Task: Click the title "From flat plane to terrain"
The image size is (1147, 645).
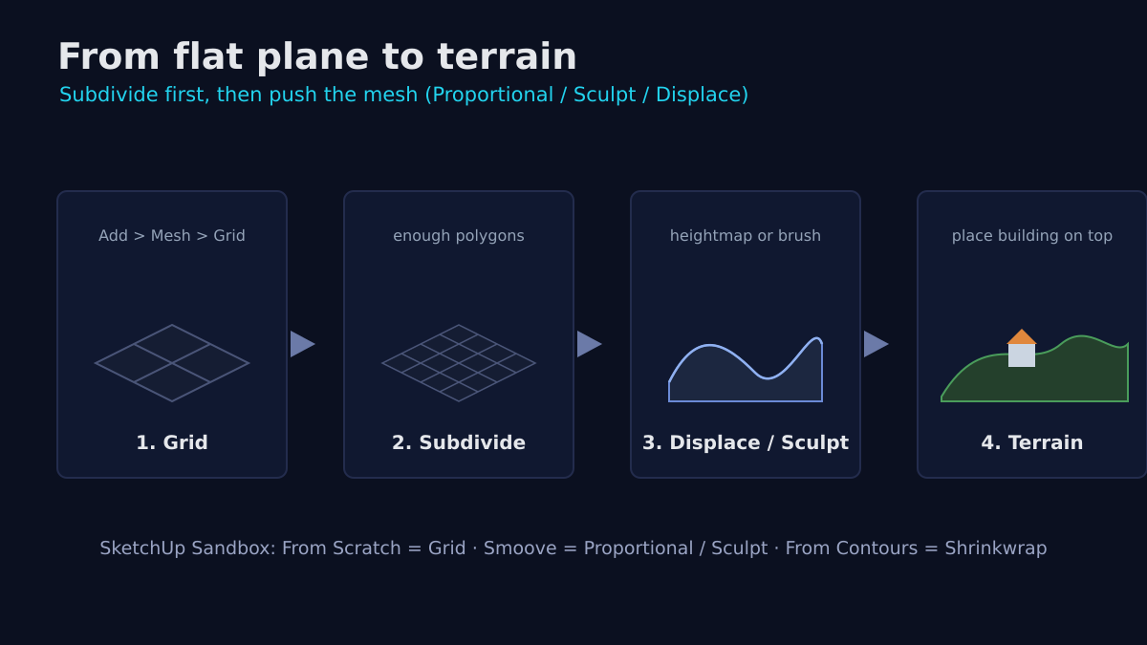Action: click(317, 56)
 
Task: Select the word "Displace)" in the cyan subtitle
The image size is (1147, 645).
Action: click(702, 96)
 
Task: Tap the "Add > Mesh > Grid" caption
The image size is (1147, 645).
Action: click(171, 235)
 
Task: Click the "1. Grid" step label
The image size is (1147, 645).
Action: click(172, 442)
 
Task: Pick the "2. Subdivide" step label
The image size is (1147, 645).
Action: click(459, 442)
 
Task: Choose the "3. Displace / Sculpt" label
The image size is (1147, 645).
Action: click(746, 442)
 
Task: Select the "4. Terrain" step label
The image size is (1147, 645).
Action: click(1032, 442)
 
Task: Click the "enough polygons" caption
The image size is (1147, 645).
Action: click(459, 236)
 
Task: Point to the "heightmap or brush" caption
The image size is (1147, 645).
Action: click(746, 236)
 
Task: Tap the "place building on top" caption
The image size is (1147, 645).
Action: click(1032, 236)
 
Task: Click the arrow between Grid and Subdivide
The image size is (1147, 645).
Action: click(303, 344)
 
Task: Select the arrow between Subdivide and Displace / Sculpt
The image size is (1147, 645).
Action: click(590, 344)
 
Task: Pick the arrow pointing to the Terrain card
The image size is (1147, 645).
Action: click(876, 344)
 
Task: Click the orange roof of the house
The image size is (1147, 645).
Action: click(1022, 338)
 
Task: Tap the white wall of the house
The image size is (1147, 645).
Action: click(1022, 355)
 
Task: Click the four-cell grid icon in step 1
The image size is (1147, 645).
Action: click(172, 363)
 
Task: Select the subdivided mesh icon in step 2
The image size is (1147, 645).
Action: click(459, 363)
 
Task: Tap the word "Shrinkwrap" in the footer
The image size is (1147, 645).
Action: click(996, 548)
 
